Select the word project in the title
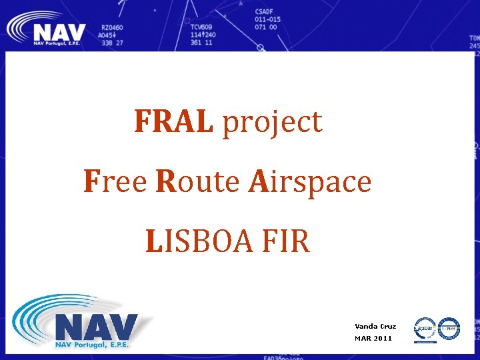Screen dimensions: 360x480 (272, 123)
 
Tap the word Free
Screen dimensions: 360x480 (115, 181)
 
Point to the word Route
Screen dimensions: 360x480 (198, 181)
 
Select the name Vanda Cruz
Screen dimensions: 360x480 (375, 327)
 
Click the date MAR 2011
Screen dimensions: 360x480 (373, 339)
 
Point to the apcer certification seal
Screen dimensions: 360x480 (425, 329)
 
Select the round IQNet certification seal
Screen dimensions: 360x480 (449, 328)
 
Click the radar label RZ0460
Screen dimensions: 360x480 (112, 27)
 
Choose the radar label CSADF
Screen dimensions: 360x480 (264, 12)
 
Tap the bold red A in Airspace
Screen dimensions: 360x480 (257, 181)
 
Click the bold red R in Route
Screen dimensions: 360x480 (165, 181)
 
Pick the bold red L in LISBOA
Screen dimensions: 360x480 (154, 241)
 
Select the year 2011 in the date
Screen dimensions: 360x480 (383, 339)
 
